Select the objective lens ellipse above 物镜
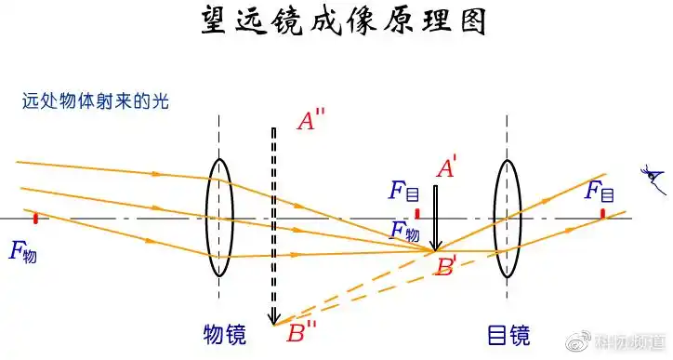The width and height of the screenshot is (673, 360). coord(218,218)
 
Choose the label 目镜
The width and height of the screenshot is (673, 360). coord(508,333)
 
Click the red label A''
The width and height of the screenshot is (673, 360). coord(310,121)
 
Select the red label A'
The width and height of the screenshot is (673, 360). coord(446,169)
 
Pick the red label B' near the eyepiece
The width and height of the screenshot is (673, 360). coord(447,267)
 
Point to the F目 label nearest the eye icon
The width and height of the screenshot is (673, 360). coord(599,193)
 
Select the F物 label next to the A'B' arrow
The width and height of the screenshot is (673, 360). coord(405,230)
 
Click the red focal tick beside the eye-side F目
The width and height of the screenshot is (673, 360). coord(602,213)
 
